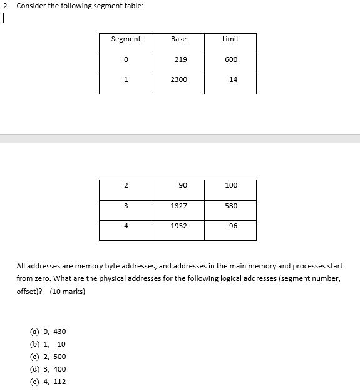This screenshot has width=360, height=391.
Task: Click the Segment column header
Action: coord(126,39)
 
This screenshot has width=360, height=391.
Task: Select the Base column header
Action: coord(178,39)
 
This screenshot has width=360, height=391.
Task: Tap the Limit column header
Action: coord(230,39)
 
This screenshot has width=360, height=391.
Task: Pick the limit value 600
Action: coord(231,59)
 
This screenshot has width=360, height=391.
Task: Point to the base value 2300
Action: coord(179,79)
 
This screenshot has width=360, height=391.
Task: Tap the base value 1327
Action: coord(179,206)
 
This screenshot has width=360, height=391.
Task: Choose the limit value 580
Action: coord(231,206)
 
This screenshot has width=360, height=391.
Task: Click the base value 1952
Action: coord(179,226)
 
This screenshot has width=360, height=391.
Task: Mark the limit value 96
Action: coord(233,226)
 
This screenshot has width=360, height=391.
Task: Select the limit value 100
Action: coord(231,185)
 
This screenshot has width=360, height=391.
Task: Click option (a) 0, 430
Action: coord(48,332)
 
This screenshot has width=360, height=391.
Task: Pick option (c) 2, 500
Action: coord(48,357)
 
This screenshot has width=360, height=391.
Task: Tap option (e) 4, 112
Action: coord(48,382)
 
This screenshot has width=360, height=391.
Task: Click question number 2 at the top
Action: coord(4,6)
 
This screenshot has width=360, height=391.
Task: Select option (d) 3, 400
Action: coord(48,369)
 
